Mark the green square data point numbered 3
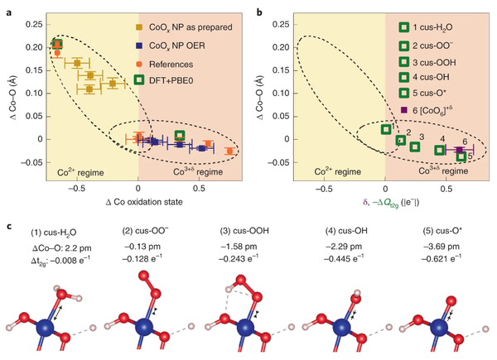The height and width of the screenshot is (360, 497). coord(414,147)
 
